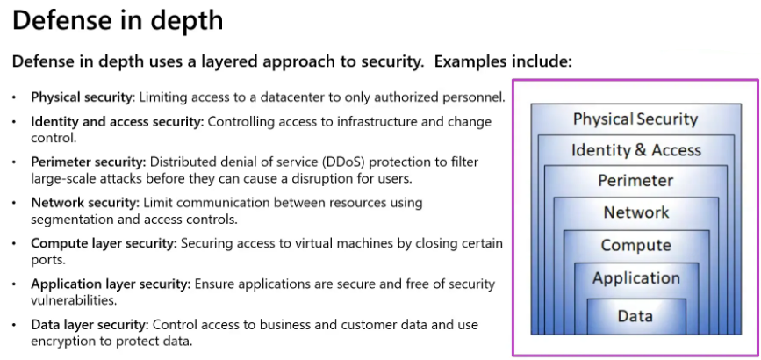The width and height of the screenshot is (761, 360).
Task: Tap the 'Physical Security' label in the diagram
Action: pos(635,119)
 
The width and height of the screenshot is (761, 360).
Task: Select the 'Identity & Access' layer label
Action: pos(635,150)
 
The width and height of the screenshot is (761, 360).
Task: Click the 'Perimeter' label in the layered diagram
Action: pos(635,181)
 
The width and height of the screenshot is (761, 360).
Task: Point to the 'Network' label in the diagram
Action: pos(635,212)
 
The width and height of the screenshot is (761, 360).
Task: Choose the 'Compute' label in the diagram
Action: pos(635,246)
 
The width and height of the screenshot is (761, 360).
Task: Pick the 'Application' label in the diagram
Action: pos(635,278)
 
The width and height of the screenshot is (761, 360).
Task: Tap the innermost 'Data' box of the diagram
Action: pos(635,315)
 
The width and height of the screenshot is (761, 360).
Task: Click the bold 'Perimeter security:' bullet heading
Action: pos(89,162)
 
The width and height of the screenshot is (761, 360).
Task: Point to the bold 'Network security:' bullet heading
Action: pos(84,202)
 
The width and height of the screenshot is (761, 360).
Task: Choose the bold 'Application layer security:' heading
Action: pos(111,284)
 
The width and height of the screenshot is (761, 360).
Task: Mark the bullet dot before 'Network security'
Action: pos(14,202)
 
